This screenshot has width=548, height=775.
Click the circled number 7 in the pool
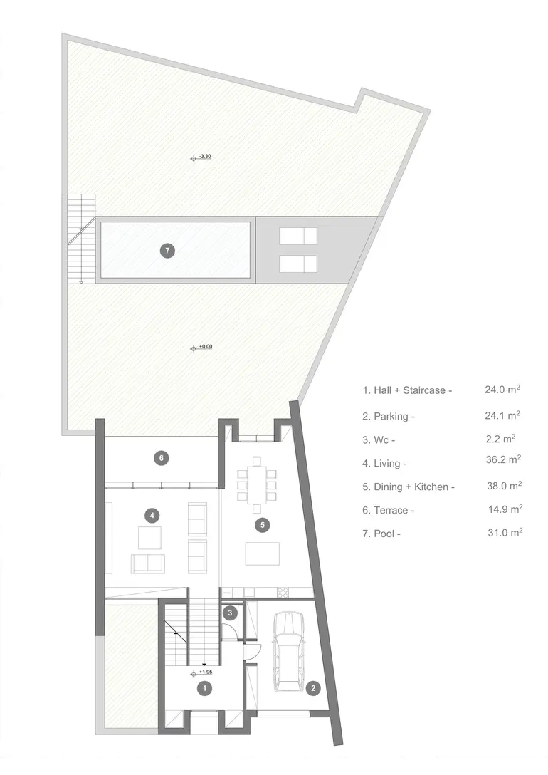coord(167,251)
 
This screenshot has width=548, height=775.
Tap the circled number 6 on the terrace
coord(162,458)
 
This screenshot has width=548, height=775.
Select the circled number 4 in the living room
coord(152,516)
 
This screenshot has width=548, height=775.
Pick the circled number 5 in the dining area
coord(263,525)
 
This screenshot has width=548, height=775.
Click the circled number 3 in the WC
coord(230,613)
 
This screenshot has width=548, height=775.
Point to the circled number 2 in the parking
coord(313,687)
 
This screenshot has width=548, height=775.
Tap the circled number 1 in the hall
coord(204,687)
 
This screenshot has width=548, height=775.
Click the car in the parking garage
coord(290,651)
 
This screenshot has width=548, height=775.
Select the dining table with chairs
coord(256,485)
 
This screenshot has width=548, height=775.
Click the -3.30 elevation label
coord(205,157)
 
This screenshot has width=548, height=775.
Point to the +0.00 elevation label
coord(206,346)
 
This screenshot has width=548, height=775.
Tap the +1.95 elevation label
coord(206,672)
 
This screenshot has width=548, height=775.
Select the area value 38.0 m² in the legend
coord(505,486)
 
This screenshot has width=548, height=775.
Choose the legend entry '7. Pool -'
coord(381,534)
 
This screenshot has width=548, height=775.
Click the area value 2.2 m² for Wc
coord(500,439)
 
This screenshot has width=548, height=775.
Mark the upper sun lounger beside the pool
coord(298,236)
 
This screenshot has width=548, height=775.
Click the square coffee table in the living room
coord(149,538)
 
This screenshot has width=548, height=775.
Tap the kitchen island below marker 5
coord(263,553)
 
